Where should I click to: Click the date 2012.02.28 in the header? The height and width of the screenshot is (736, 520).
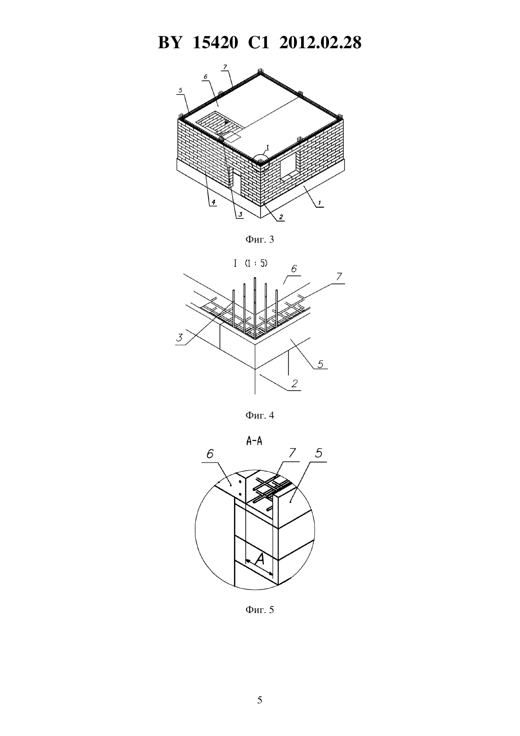click(x=321, y=43)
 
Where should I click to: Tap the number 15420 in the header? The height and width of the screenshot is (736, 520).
click(x=216, y=43)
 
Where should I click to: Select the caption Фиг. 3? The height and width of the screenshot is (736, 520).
click(x=260, y=239)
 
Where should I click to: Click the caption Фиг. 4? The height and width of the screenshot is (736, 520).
click(x=260, y=415)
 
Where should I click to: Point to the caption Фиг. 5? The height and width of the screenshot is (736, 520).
click(x=260, y=610)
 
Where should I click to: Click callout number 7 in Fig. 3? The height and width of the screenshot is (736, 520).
click(x=225, y=67)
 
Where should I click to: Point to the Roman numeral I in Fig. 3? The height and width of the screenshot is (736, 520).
click(x=268, y=148)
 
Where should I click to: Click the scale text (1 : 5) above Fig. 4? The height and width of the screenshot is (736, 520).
click(x=256, y=263)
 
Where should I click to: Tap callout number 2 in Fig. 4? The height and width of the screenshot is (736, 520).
click(x=295, y=384)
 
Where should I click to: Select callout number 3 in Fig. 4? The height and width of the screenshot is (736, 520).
click(x=179, y=337)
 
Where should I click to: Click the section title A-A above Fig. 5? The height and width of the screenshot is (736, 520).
click(x=254, y=441)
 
